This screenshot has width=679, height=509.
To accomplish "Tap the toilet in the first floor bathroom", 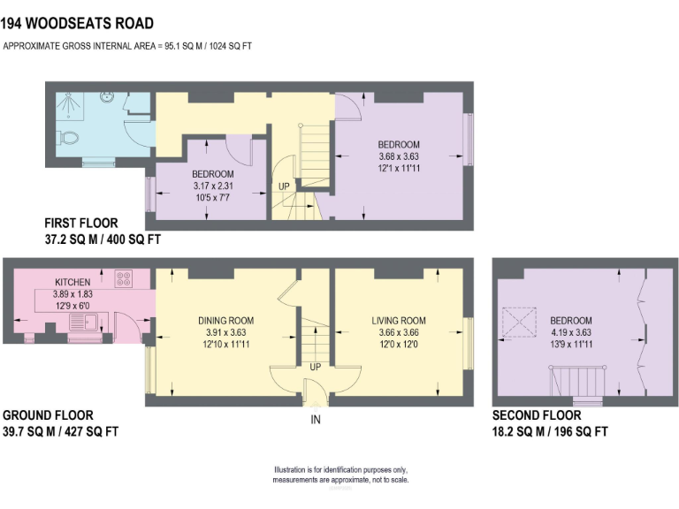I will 69,139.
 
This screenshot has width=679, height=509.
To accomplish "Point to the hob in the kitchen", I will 124,280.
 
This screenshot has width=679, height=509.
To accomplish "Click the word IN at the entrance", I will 315,421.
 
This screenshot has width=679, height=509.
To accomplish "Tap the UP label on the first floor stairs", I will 283,187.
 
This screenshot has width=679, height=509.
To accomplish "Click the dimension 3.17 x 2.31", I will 213,186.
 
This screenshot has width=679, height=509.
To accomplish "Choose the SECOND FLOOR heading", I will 537,415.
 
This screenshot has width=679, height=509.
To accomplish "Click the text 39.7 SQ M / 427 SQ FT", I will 60,431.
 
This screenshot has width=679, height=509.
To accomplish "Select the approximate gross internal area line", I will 127,46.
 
